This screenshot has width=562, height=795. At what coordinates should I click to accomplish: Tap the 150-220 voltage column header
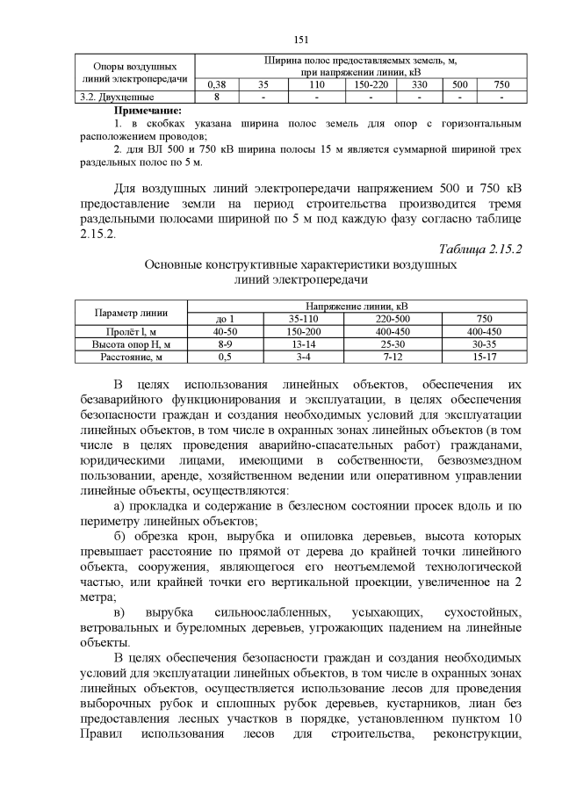371,85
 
